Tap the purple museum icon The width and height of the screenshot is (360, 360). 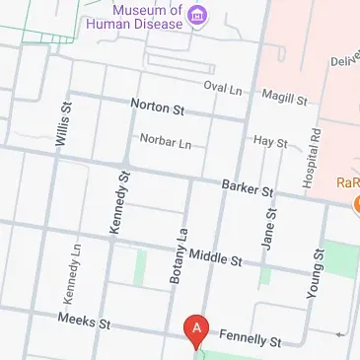[x=197, y=13]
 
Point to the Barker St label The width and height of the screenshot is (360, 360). [x=247, y=185]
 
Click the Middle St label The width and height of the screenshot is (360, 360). [x=215, y=258]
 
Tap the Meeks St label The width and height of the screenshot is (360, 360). [x=83, y=322]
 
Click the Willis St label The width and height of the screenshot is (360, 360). [x=64, y=124]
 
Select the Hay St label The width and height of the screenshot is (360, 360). [x=269, y=143]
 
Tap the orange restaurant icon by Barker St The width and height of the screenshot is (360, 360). [x=355, y=201]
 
